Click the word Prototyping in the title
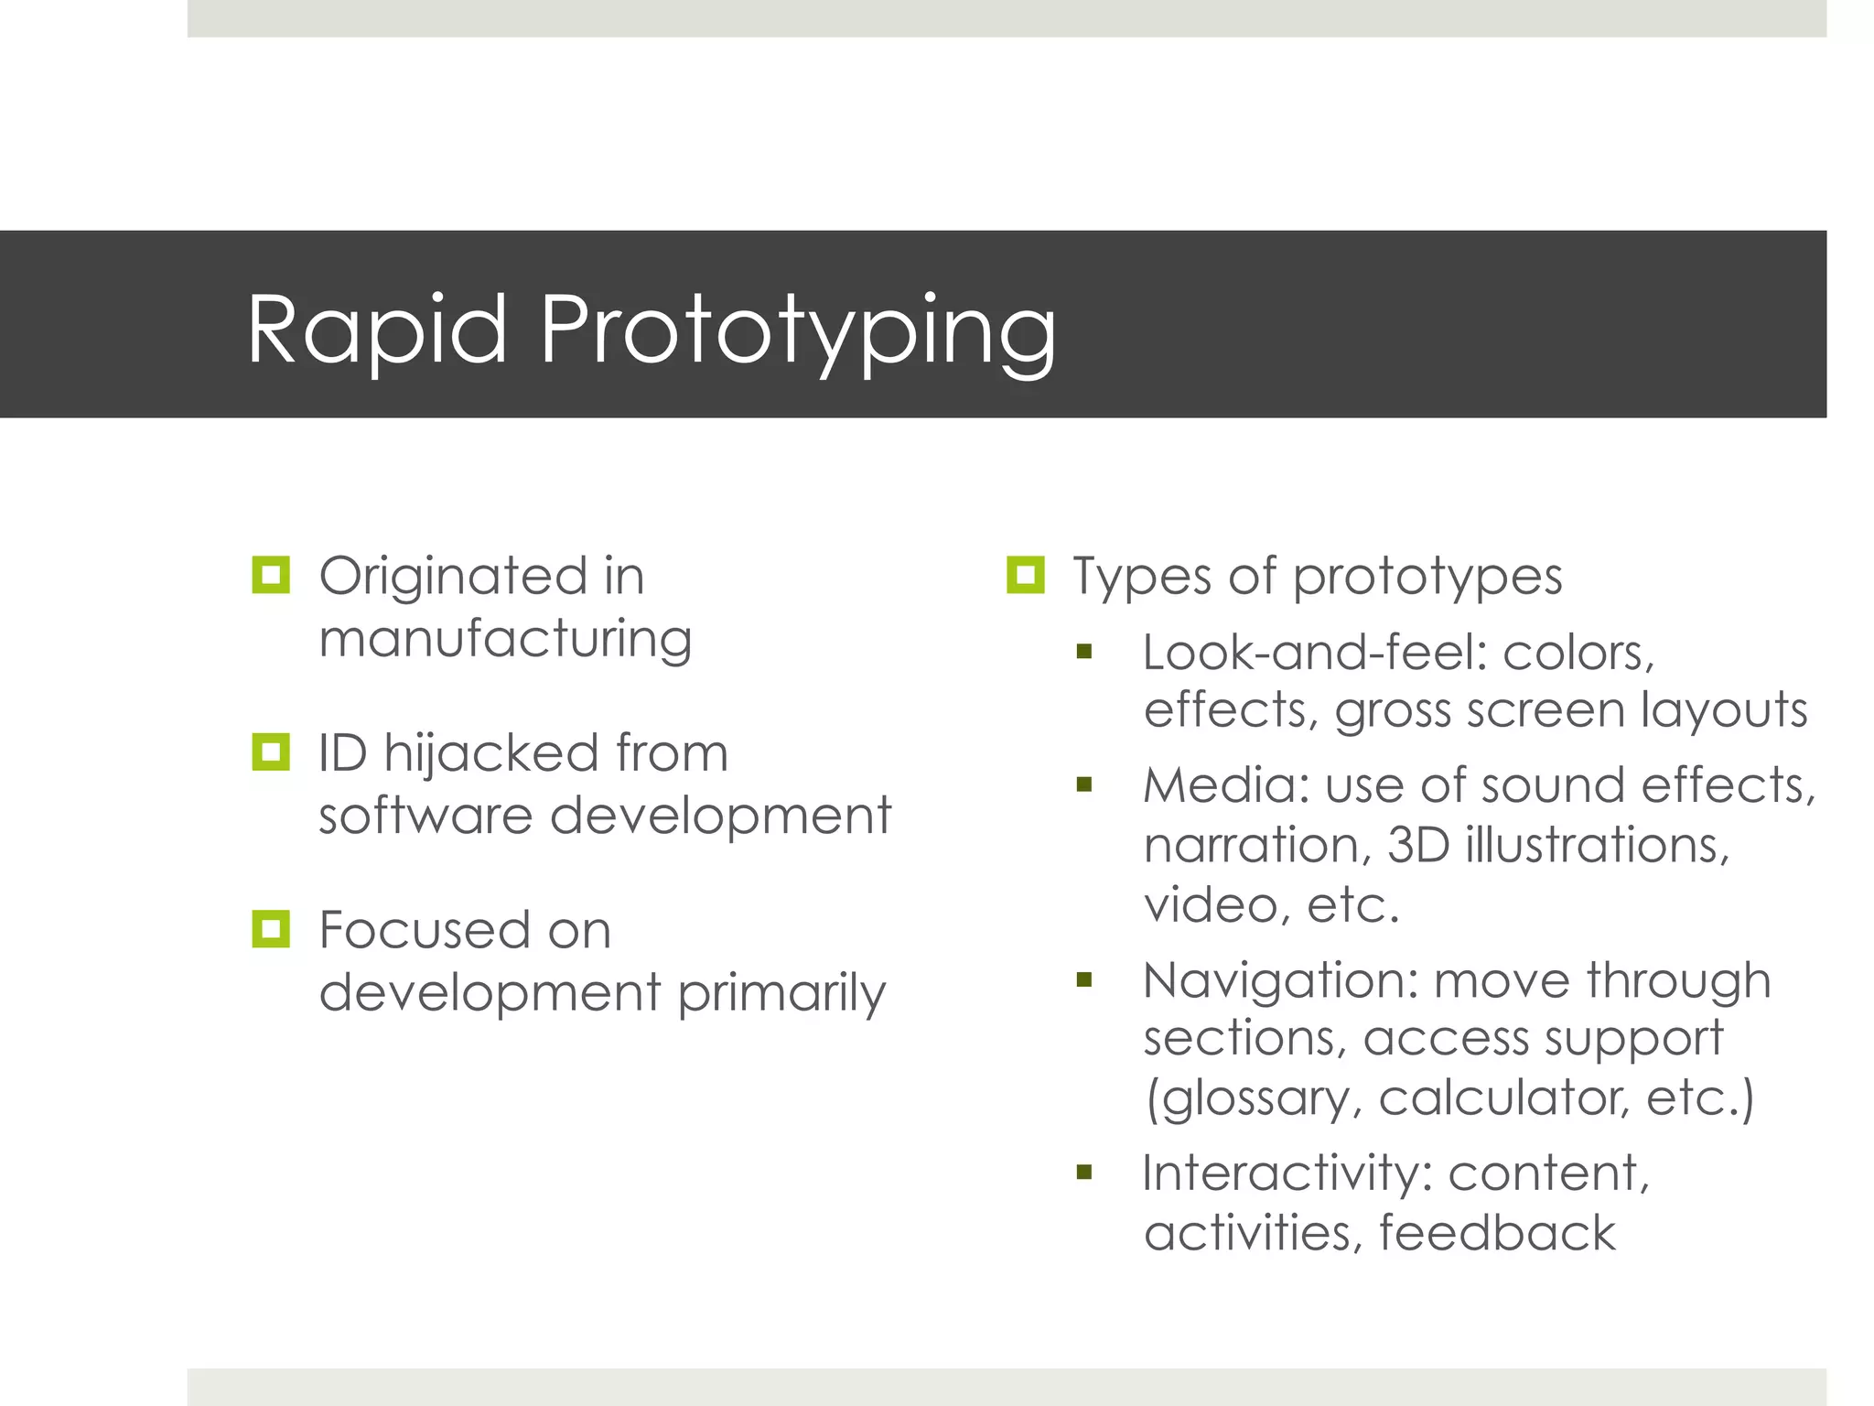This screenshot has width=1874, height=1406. pos(797,331)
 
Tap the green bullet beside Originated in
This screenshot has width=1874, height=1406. pos(271,576)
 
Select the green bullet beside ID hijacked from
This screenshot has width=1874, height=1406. pos(271,752)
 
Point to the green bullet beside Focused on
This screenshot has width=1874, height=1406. pos(271,929)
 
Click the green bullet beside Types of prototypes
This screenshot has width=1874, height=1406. pos(1025,576)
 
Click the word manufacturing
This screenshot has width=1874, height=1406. pos(505,640)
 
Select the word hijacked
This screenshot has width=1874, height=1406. pos(491,754)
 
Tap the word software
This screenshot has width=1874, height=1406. pos(425,816)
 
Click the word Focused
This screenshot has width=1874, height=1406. pos(424,931)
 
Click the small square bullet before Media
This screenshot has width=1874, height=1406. pos(1084,784)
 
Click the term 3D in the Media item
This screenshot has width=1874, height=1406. pos(1418,845)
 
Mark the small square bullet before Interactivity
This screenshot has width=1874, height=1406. pos(1084,1173)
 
